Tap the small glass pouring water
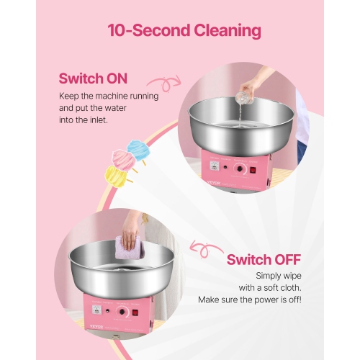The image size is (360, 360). [x=248, y=91]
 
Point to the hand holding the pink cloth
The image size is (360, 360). [x=131, y=228]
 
